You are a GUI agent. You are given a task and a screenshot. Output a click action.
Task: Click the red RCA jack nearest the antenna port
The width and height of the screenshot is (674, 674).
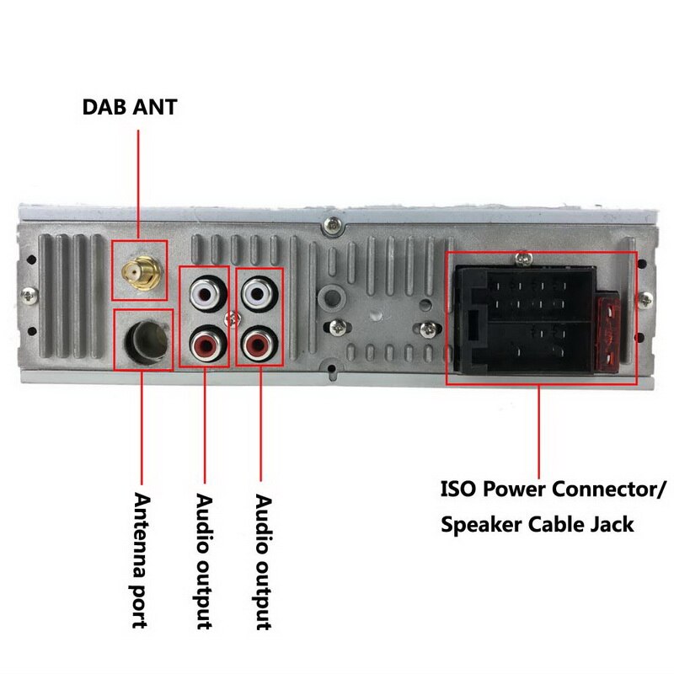tap(205, 344)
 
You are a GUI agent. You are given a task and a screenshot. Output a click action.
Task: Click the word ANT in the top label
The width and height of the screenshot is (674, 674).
tap(156, 108)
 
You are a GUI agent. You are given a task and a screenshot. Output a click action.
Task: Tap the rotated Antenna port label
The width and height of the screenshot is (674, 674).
tap(140, 560)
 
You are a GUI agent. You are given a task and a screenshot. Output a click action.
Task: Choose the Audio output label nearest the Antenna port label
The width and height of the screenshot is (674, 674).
tap(203, 560)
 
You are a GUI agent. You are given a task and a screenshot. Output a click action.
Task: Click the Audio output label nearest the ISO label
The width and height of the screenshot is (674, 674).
tap(262, 560)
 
